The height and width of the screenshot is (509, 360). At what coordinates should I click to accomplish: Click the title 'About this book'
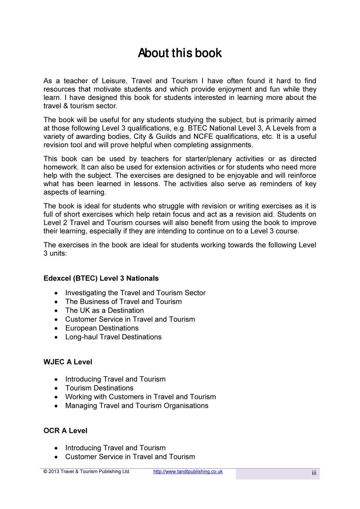[180, 53]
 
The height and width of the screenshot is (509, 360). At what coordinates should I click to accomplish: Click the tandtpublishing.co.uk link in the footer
[188, 472]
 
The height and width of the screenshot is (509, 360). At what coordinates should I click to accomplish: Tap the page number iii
[314, 473]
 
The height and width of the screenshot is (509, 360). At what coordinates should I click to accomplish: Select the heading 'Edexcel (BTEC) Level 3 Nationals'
[101, 278]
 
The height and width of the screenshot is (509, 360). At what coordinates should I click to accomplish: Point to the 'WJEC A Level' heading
[68, 362]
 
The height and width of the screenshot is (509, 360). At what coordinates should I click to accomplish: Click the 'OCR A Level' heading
[65, 431]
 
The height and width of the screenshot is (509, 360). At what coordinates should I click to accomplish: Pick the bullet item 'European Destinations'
[102, 328]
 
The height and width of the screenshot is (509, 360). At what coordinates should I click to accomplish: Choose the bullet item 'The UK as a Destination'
[104, 310]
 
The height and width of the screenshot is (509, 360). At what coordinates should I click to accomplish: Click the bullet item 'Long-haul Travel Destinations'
[113, 337]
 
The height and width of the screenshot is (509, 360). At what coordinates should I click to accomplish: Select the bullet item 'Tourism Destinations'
[99, 388]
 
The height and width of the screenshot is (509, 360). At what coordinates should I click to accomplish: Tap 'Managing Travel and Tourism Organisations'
[137, 406]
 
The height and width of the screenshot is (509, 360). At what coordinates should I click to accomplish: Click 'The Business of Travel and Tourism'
[123, 302]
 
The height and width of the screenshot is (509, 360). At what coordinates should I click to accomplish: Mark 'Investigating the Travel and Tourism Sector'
[135, 293]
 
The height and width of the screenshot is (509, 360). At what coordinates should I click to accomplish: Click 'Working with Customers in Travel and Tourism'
[141, 397]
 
